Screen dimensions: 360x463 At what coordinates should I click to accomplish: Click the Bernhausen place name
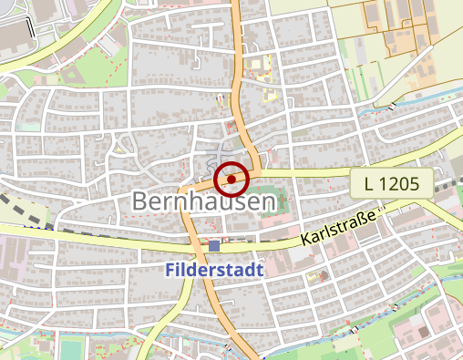202,201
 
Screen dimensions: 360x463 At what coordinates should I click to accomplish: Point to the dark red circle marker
231,180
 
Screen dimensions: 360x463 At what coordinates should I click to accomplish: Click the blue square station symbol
214,246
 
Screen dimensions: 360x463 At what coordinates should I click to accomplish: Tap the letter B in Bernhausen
141,201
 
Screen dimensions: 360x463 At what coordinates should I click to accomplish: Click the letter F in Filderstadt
170,271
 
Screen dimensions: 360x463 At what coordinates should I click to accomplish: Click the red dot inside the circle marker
231,180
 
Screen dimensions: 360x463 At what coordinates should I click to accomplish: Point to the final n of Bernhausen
264,201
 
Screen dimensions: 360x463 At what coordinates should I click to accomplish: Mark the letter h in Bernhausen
192,201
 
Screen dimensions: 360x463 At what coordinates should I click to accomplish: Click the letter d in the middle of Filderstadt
194,271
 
